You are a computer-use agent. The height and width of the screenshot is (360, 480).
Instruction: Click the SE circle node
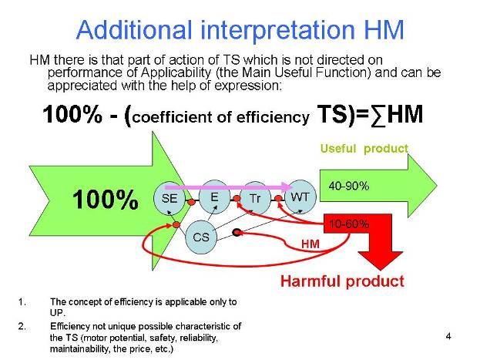point(170,198)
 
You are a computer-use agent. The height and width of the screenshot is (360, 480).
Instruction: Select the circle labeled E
point(214,197)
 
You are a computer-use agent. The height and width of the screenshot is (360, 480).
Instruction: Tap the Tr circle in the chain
point(255,198)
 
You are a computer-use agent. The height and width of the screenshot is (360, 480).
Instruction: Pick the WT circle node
point(300,197)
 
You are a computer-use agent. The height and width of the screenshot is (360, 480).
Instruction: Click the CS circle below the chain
point(201,237)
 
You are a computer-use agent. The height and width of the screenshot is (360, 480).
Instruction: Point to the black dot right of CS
point(237,233)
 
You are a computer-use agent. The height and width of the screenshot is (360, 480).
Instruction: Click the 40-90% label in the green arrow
point(349,186)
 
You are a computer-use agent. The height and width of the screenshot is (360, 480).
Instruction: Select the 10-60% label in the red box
point(349,224)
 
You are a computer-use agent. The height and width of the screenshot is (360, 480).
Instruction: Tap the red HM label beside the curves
point(310,244)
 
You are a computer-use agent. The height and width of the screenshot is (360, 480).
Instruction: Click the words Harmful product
point(342,281)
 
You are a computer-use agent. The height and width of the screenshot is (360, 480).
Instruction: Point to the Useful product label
point(364,149)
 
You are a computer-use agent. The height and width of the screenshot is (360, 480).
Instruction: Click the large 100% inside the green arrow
point(106,200)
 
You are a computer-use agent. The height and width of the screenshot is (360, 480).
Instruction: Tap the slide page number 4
point(448,336)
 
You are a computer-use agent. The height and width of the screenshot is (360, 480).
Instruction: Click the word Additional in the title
point(134,30)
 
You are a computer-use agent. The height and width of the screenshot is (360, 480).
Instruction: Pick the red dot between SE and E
point(191,202)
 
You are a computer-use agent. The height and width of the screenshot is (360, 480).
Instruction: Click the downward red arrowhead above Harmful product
point(381,261)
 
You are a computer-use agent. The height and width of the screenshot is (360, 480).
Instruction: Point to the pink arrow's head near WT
point(287,187)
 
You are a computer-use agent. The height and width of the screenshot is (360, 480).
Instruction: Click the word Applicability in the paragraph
point(176,72)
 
